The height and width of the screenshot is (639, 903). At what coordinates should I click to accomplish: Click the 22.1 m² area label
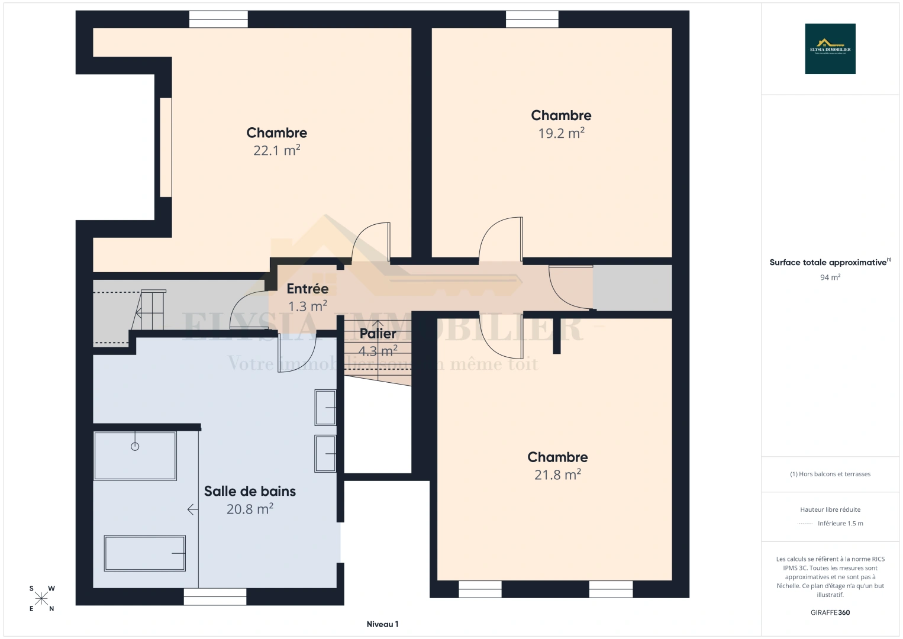pos(276,150)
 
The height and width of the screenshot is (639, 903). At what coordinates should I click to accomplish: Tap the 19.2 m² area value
pos(561,133)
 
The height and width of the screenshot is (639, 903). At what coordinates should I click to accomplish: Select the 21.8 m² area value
pos(557,475)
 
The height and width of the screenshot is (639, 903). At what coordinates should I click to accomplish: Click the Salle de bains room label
pos(250,491)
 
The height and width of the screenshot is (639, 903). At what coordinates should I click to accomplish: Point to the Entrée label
pos(307,289)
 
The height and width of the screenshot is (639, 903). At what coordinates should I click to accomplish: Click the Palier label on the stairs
pos(378,334)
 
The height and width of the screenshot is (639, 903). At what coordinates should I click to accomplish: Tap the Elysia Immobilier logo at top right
pos(830,49)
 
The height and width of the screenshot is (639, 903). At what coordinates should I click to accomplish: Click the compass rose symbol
pos(41,599)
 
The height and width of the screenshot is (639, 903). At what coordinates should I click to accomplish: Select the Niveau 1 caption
pos(382,624)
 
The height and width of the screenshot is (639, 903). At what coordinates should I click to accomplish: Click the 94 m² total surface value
pos(830,277)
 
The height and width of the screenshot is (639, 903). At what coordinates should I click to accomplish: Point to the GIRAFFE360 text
pos(830,612)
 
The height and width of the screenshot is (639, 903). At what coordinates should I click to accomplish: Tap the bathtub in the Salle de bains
pos(145,553)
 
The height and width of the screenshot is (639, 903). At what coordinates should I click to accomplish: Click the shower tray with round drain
pos(135,456)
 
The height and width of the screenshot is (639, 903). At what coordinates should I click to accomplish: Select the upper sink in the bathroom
pos(325,407)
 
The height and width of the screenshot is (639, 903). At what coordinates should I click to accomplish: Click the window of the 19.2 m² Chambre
pos(532,20)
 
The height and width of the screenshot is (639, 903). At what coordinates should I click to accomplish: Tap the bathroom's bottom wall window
pos(215,596)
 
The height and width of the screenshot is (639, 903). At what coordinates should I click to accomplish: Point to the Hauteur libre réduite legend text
pos(830,509)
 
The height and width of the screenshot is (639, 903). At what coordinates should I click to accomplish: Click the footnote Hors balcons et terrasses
pos(830,474)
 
